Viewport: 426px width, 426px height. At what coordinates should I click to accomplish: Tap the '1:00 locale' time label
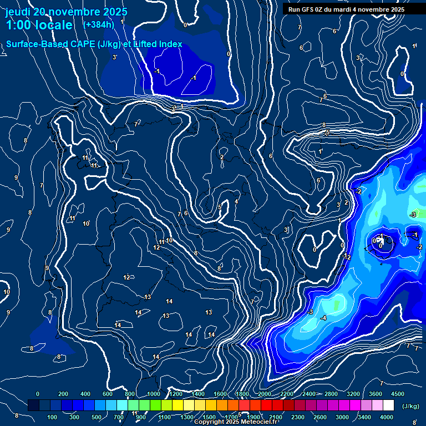click(39, 25)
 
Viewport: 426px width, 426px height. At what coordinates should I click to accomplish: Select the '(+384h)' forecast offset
click(99, 24)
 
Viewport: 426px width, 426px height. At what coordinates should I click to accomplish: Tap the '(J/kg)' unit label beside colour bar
click(410, 406)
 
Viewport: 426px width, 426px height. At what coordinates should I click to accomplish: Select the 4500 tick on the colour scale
click(398, 394)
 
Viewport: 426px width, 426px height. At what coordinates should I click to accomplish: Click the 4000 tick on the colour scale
click(387, 417)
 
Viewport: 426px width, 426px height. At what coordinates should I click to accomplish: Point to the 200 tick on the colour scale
click(63, 394)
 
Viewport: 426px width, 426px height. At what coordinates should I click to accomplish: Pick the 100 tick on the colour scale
click(52, 417)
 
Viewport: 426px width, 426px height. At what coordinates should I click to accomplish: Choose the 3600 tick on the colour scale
click(376, 394)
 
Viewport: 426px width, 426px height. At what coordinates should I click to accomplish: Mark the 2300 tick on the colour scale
click(297, 417)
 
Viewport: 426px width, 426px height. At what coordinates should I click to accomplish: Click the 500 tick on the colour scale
click(97, 417)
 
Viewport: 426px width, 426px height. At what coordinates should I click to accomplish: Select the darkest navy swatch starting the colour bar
click(33, 405)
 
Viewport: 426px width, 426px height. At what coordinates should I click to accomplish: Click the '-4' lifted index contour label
click(323, 317)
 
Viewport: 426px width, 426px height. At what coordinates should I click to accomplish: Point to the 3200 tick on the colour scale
click(353, 394)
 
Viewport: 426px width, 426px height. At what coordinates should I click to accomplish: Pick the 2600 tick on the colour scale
click(320, 417)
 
